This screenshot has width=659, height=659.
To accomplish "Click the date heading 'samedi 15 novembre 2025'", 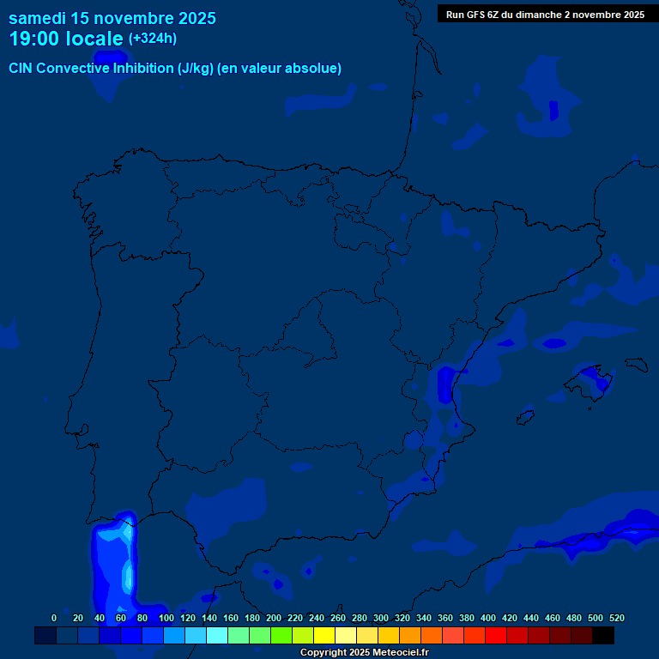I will point(112,18).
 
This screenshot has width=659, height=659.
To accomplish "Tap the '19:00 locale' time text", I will point(66,39).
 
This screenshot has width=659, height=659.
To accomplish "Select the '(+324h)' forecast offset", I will point(153,39).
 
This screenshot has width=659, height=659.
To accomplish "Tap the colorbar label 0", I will point(54,618).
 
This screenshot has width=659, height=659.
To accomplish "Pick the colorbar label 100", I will point(166,618).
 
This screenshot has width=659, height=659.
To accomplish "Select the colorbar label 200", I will point(274,618).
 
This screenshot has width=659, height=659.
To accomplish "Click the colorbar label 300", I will point(381,618).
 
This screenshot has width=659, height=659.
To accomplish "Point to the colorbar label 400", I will point(488,618).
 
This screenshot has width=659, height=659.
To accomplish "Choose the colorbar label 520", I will point(616,618).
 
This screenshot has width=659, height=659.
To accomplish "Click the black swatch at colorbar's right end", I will point(603,635).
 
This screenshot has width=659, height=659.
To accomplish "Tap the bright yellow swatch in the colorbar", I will point(324,635).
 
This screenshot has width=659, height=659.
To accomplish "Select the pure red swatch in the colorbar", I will point(496,635).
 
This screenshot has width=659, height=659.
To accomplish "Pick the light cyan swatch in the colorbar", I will point(217,635).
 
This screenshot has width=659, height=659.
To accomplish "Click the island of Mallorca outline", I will point(593,378).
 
